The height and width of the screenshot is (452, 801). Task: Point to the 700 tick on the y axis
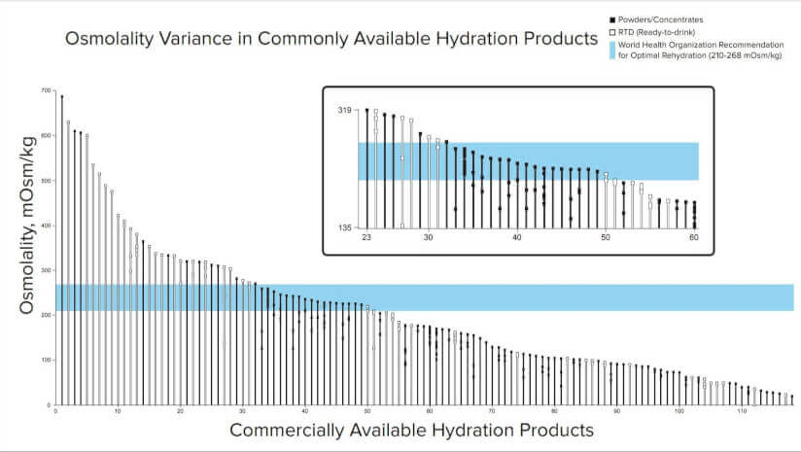click(x=45, y=91)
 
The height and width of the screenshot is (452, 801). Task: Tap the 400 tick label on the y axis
click(x=45, y=226)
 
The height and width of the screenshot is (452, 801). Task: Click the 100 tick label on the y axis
click(x=45, y=361)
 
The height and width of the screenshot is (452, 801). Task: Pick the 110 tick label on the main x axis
click(x=741, y=411)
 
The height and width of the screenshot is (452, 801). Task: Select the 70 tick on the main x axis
click(x=492, y=411)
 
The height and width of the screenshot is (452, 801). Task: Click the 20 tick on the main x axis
click(x=181, y=411)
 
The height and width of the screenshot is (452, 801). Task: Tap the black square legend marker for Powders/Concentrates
click(x=610, y=19)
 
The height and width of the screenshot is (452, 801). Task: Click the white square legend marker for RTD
click(x=610, y=32)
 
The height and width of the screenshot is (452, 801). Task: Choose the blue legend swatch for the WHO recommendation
click(x=610, y=50)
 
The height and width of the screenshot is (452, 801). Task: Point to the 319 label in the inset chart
click(x=343, y=110)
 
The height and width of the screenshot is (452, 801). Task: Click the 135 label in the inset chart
click(x=343, y=227)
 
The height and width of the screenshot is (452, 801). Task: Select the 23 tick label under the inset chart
click(x=366, y=238)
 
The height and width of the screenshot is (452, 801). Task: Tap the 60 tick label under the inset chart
click(x=694, y=238)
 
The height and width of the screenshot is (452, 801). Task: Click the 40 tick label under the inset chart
click(x=517, y=238)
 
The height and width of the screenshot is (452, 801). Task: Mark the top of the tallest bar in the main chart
click(x=61, y=95)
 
